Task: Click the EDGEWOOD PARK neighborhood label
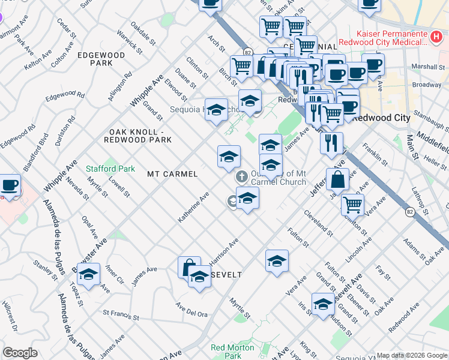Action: click(x=101, y=59)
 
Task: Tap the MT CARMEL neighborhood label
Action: click(x=172, y=174)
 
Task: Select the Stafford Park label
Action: click(x=110, y=169)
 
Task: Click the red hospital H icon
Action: click(x=437, y=37)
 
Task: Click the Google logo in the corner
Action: click(x=20, y=353)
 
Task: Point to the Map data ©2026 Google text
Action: click(x=411, y=355)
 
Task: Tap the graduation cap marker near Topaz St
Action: click(x=88, y=275)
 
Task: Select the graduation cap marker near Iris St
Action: click(x=323, y=304)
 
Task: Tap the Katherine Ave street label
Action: click(x=193, y=208)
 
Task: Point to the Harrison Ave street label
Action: click(x=224, y=251)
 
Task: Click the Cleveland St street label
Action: click(x=318, y=221)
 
